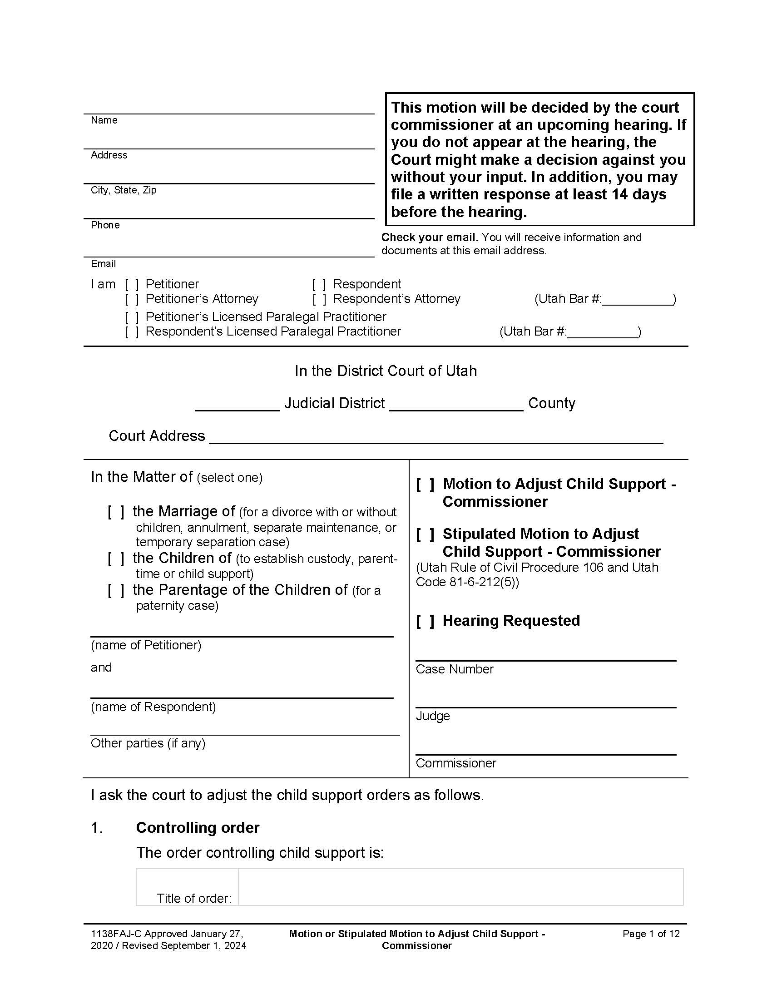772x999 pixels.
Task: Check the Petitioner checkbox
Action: coord(132,285)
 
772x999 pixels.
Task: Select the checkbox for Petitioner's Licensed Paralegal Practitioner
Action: coord(132,317)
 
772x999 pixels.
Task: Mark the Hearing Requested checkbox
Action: coord(425,621)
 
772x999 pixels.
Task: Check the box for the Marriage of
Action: coord(116,512)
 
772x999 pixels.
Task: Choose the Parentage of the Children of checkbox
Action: coord(116,590)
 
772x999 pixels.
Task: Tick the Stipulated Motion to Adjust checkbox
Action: coord(425,534)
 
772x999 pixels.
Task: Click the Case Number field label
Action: coord(454,669)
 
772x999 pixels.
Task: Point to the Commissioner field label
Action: coord(455,763)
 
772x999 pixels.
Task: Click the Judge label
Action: coord(433,716)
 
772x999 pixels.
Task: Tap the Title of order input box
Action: coord(460,887)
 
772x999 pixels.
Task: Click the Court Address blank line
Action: coord(435,437)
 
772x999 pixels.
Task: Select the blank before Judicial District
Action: coord(237,404)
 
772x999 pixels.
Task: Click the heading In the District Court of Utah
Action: coord(386,371)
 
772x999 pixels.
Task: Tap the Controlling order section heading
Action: coord(198,827)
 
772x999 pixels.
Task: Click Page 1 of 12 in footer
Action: coord(651,934)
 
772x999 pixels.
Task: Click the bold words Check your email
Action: coord(430,237)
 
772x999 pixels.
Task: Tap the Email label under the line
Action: coord(104,264)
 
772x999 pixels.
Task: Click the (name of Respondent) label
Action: coord(153,707)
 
